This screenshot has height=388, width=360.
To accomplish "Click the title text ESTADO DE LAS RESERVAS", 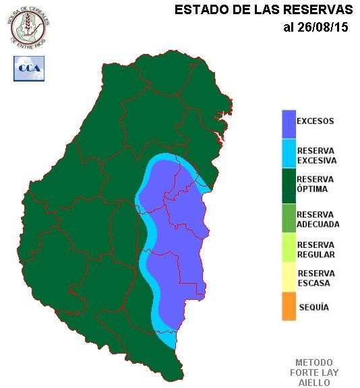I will click(x=264, y=10).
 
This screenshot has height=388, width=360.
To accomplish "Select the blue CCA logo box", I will click(x=28, y=68).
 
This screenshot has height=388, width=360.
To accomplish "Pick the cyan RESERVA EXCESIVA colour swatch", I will click(x=289, y=154).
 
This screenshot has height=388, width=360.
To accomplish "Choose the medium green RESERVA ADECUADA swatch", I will click(x=289, y=217).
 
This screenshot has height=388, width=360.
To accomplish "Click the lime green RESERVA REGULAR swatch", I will click(x=289, y=248).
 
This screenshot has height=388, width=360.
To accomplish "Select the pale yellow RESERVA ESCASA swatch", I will click(x=289, y=277).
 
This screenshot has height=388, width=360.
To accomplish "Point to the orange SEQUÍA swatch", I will click(x=289, y=306).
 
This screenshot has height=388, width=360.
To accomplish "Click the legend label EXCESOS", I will click(x=316, y=122).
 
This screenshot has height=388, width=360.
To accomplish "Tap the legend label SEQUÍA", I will click(x=313, y=307).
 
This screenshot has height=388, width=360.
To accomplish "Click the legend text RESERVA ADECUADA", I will click(x=318, y=219).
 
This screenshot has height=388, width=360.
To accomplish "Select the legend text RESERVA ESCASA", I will click(x=316, y=278).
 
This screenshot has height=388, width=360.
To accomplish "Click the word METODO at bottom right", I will click(x=314, y=362).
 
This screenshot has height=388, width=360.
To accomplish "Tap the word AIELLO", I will click(x=314, y=382).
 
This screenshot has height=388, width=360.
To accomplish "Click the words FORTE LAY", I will click(x=314, y=373).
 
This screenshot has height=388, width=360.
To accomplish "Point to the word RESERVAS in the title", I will click(x=319, y=10).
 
